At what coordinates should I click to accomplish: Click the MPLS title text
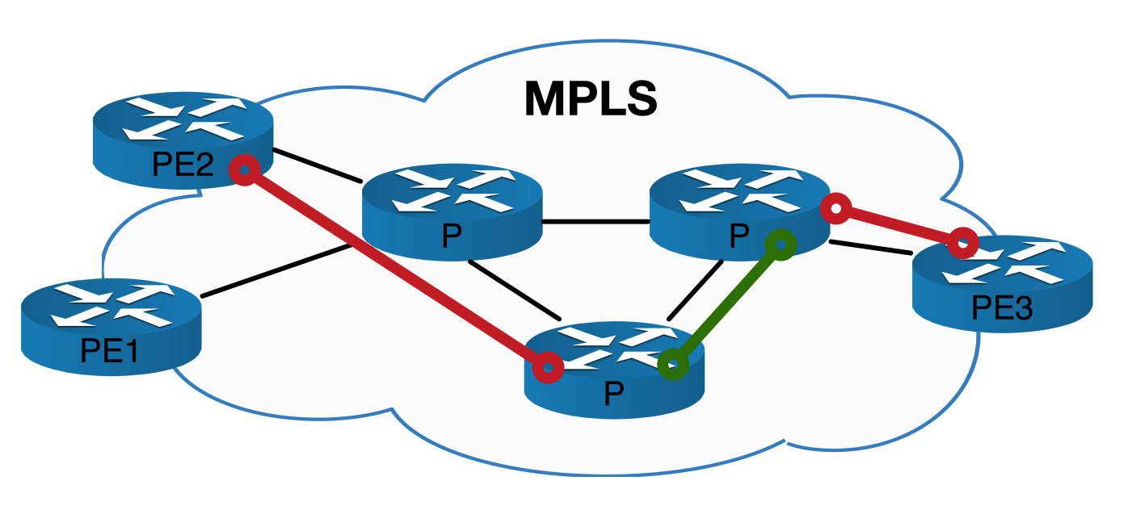[591, 98]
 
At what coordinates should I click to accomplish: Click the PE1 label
[110, 350]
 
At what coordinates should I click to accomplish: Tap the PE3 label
[1002, 307]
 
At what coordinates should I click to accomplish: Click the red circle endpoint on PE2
[245, 169]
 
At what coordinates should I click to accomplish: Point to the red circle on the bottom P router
[549, 367]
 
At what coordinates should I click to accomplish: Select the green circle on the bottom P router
[672, 365]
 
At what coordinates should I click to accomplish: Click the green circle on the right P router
[781, 244]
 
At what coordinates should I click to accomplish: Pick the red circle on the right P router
[837, 209]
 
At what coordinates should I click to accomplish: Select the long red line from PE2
[396, 268]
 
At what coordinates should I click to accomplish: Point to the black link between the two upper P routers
[596, 222]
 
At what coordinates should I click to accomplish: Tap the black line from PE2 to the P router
[317, 165]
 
